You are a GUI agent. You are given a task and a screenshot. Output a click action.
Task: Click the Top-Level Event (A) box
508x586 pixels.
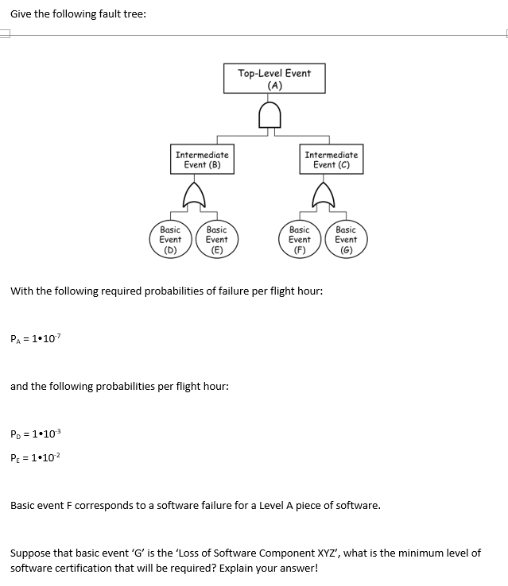coord(274,79)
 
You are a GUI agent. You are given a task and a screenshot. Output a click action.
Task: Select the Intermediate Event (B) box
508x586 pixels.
coord(202,160)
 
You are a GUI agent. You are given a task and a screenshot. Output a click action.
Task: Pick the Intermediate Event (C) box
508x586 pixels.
coord(331,160)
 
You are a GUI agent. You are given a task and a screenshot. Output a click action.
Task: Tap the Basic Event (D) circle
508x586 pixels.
coord(170,239)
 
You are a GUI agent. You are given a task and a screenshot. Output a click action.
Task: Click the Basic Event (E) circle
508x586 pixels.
coord(216,239)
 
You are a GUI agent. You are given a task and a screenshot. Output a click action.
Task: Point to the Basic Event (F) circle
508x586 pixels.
coord(300,239)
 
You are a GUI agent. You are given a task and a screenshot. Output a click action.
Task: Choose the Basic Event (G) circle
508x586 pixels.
coord(346,239)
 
